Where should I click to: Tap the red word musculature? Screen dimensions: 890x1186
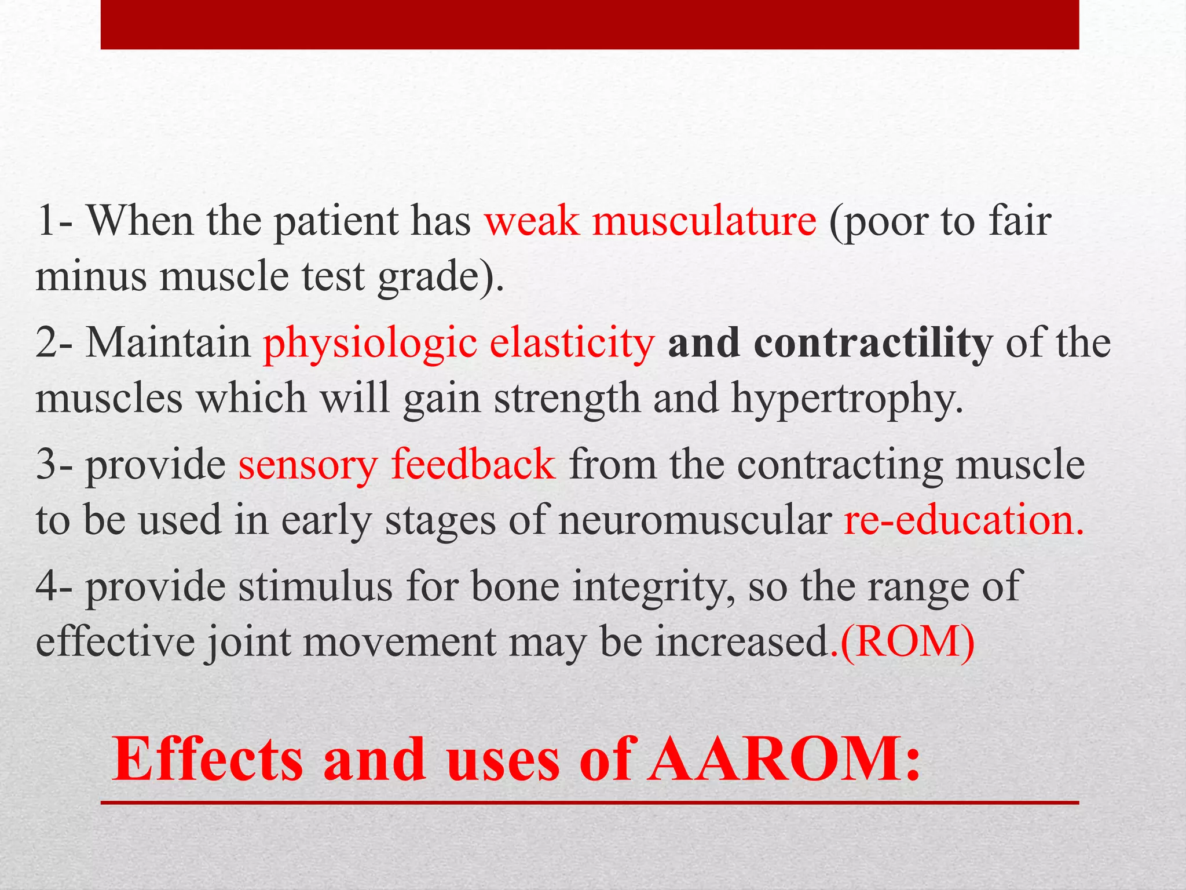(x=704, y=221)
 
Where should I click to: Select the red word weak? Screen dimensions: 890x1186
(x=532, y=221)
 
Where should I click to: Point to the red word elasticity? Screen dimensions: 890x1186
(x=572, y=343)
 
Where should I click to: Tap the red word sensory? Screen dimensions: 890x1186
(x=307, y=465)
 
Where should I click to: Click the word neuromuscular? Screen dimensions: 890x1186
(x=695, y=520)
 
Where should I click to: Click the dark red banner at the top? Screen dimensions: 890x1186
(x=590, y=24)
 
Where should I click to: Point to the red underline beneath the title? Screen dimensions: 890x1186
(x=590, y=803)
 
